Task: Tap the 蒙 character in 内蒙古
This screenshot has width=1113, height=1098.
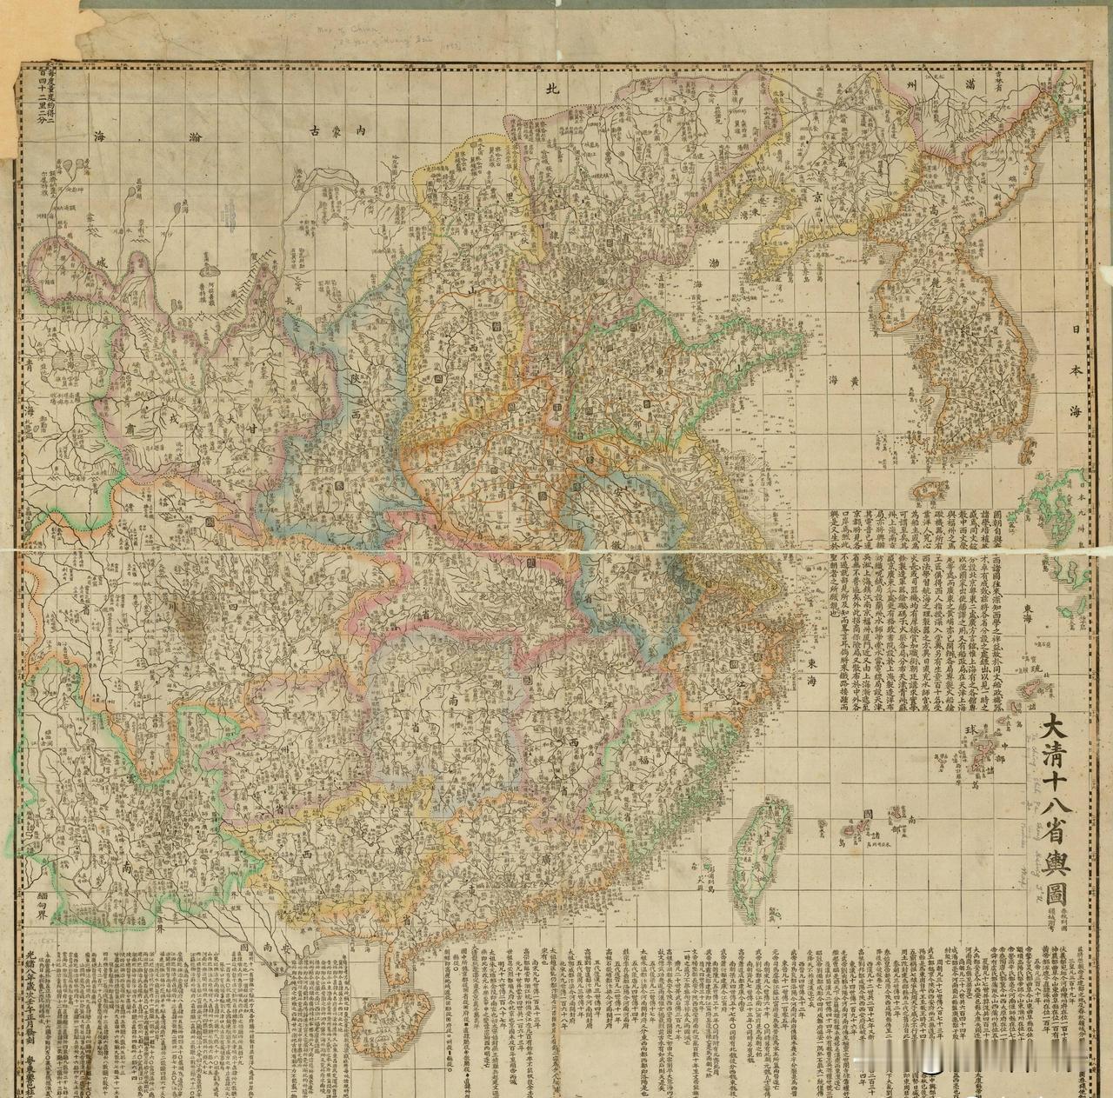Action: click(336, 130)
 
